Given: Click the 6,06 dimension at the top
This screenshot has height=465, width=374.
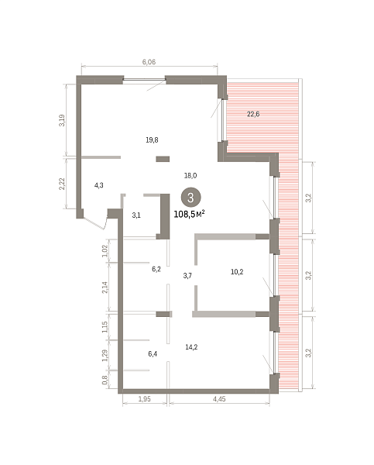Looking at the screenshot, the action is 149,62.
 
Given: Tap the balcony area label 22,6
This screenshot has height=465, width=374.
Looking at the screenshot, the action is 253,114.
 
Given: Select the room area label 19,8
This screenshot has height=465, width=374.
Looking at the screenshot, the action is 152,139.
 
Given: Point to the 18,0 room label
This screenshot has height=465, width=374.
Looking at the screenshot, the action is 190,176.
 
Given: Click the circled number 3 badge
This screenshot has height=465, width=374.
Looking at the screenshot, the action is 190,197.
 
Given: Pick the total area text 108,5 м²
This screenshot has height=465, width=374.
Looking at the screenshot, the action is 190,214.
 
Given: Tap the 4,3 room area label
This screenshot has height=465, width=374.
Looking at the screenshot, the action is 98,185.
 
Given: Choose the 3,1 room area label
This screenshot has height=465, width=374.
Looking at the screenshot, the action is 136,215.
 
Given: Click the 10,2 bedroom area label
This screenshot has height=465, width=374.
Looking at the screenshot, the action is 237,272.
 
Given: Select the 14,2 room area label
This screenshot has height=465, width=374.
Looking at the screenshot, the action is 191,347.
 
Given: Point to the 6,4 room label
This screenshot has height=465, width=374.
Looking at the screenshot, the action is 153,354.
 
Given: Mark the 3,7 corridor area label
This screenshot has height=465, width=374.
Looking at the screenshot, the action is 187,276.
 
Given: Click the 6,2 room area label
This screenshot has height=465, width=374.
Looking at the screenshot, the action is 156,269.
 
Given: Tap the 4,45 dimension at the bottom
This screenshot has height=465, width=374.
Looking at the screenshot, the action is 219,399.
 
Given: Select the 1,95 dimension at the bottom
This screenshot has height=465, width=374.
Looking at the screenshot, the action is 145,399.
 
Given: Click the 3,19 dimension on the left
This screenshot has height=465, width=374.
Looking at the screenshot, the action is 62,120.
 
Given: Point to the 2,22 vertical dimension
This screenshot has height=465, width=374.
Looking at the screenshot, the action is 62,184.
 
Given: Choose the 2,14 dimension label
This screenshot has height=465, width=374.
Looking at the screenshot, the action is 105,288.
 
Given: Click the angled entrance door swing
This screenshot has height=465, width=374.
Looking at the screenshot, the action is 94,222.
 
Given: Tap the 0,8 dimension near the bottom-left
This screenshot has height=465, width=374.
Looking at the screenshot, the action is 105,380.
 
